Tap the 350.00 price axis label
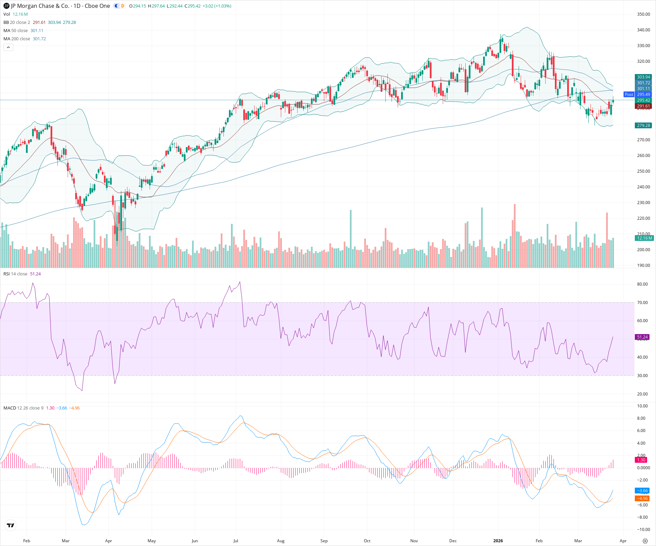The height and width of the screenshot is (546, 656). coord(643,14)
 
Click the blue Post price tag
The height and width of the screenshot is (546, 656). coord(629,95)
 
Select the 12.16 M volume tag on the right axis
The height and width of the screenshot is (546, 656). coord(644,238)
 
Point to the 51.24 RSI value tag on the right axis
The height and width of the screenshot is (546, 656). coord(642,337)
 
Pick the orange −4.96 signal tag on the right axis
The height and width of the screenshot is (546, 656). coord(642,499)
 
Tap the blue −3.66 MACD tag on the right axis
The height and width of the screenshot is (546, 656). coord(642,491)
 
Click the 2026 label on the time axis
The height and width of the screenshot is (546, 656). coord(498,541)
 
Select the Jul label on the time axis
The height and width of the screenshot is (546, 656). coord(236,541)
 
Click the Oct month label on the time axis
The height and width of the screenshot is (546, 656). coord(367,541)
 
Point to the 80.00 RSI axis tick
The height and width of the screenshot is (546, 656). coord(642,284)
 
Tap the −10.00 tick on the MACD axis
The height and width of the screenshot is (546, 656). coord(642,530)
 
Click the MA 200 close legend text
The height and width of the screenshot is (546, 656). coord(17,39)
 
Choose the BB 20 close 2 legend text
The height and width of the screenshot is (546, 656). coord(17,23)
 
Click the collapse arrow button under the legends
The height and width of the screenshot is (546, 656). coord(8,47)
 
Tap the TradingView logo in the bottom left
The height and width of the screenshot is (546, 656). coord(11,526)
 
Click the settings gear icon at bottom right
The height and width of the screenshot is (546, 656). coord(645,541)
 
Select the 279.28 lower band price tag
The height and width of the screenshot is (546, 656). coord(643,126)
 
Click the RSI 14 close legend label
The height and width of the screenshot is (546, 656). coord(15,274)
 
